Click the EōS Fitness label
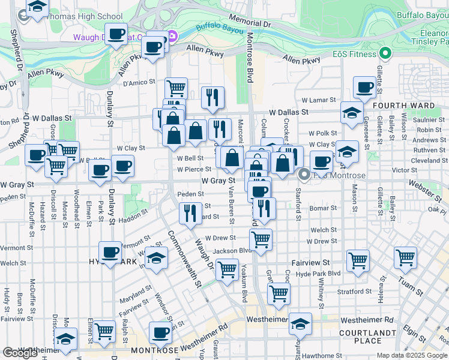pos(354,54)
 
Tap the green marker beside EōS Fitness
pos(384,54)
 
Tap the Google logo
pos(20,353)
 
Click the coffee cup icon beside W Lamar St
pos(364,88)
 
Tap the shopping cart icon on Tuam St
pos(405,258)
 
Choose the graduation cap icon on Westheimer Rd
pos(300,323)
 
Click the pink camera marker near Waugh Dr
pos(173,37)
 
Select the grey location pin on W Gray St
pos(304,175)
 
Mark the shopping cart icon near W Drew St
pos(261,239)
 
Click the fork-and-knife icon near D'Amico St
pos(212,97)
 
